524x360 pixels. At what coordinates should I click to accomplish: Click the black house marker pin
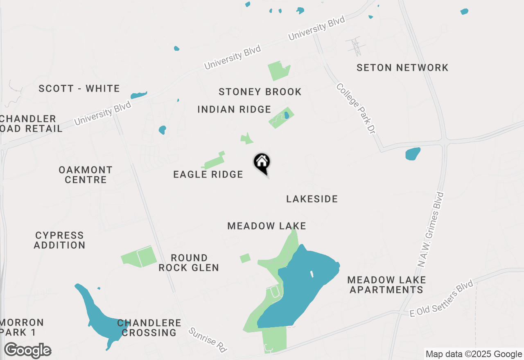click(262, 163)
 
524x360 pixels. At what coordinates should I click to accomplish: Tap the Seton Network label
click(402, 67)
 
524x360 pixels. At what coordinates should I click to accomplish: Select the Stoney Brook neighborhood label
click(260, 92)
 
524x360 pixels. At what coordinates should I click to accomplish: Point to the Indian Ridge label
click(234, 109)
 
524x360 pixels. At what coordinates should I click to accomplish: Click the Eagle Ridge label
click(208, 175)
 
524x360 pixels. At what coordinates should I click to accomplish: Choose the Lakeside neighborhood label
click(312, 199)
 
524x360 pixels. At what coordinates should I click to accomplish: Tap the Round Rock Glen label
click(189, 263)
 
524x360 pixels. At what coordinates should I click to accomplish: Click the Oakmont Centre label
click(86, 175)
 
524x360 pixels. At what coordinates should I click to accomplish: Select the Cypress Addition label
click(59, 240)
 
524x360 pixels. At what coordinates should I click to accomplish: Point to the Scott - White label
click(79, 88)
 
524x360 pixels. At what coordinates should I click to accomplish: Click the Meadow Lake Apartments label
click(386, 285)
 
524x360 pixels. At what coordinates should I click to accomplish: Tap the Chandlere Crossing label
click(149, 328)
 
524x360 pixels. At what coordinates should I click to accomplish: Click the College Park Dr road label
click(356, 108)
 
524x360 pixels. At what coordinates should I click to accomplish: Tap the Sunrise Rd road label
click(208, 340)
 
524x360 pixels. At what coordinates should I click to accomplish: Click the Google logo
click(27, 351)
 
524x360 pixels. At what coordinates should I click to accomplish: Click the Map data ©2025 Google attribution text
click(474, 354)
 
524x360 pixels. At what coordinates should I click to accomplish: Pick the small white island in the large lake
click(312, 274)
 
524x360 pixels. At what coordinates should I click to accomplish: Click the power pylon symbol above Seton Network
click(355, 46)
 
